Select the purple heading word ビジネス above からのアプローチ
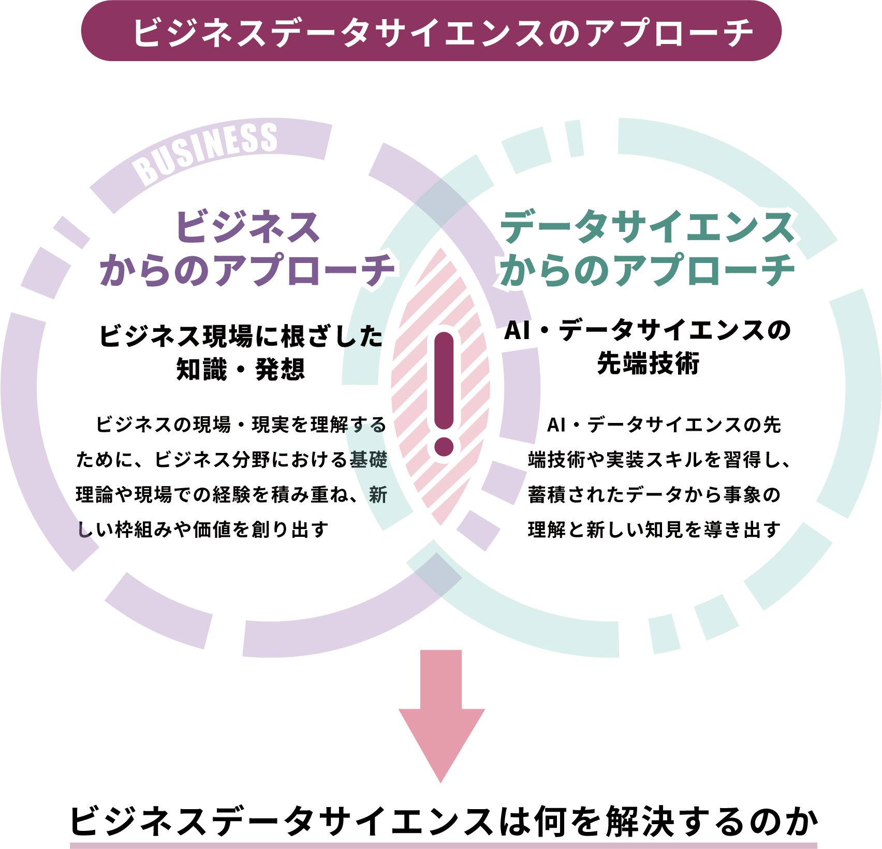(247, 227)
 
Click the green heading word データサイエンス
(647, 227)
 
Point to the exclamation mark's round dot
(444, 446)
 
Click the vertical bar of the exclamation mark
(444, 380)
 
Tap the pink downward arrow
(441, 714)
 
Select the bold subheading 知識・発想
(241, 370)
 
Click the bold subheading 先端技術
(648, 363)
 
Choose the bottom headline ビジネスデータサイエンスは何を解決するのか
(444, 822)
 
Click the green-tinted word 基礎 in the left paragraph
(369, 459)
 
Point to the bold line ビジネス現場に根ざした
(241, 336)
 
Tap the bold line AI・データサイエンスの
(648, 330)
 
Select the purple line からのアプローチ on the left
(247, 270)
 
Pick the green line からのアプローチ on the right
(647, 270)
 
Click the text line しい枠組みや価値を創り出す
(203, 529)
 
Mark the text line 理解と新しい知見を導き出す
(654, 529)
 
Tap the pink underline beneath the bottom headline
(444, 845)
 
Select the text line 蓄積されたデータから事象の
(654, 494)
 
